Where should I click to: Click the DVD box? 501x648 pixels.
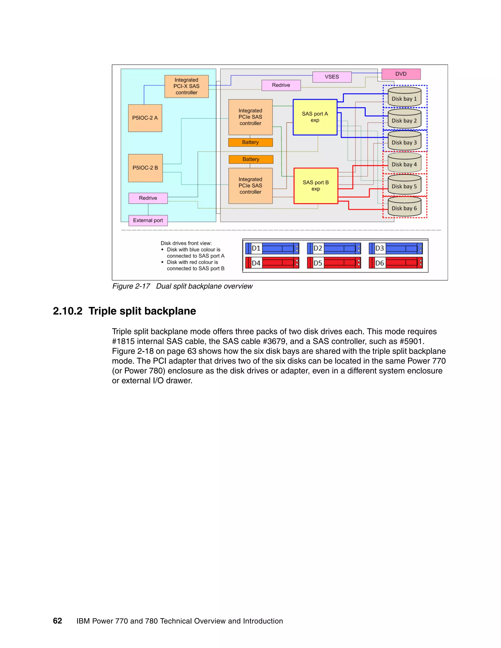coord(401,74)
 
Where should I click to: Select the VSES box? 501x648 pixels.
coord(331,77)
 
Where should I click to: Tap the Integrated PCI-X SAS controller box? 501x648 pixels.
coord(186,86)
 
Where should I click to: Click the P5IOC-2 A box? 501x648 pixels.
coord(145,118)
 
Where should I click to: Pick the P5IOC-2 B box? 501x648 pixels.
coord(145,168)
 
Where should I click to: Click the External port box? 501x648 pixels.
coord(148,221)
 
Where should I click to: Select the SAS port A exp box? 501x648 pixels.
coord(315,117)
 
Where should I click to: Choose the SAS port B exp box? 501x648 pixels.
coord(316,186)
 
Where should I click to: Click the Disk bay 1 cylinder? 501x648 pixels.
coord(404,97)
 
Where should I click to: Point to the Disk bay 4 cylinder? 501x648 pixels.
coord(404,163)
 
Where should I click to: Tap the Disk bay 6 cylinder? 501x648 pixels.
coord(404,207)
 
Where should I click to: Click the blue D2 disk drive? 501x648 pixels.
coord(334,248)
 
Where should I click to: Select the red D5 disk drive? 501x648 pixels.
coord(334,263)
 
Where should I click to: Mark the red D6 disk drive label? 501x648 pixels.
coord(379,263)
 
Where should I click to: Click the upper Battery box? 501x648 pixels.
coord(250,142)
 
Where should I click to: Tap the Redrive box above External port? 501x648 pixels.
coord(148,198)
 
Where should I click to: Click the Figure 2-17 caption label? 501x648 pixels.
coord(131,286)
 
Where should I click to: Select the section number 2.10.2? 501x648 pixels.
coord(67,311)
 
